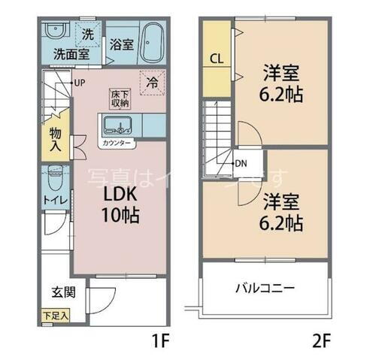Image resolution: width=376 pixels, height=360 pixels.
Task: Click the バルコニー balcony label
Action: (263, 289)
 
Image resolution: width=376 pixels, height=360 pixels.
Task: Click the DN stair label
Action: (241, 163)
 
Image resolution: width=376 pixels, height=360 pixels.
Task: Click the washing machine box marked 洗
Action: (88, 34)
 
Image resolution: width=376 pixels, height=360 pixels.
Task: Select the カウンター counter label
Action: (117, 142)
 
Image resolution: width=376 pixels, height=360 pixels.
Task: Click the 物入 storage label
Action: (56, 138)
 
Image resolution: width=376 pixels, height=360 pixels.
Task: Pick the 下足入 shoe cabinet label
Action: (55, 316)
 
